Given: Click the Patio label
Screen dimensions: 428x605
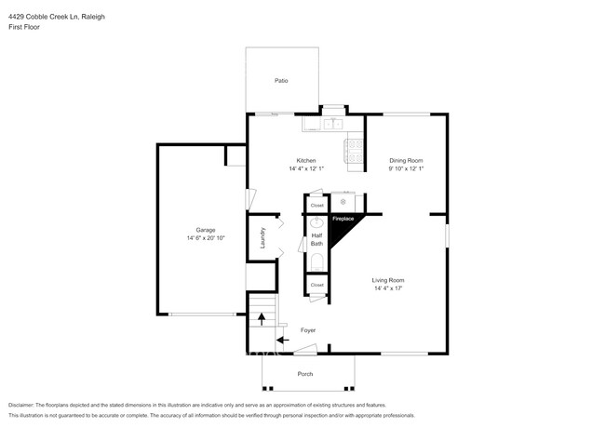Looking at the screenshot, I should (280, 81).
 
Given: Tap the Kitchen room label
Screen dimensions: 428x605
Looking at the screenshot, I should (306, 160).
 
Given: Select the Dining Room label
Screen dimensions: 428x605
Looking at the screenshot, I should (406, 160).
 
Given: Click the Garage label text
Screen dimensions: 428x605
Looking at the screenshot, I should (205, 229).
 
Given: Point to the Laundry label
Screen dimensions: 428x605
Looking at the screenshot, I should (263, 239).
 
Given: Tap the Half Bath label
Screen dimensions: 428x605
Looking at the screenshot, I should (316, 239).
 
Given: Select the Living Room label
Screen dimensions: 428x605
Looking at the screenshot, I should (389, 280).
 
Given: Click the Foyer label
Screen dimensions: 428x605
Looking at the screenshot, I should (307, 330).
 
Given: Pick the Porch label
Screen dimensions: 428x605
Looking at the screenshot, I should (304, 374).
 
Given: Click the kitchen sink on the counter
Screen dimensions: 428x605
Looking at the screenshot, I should (332, 123).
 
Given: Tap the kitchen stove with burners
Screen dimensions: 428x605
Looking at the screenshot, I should (354, 151).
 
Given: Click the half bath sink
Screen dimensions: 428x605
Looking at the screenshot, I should (316, 222).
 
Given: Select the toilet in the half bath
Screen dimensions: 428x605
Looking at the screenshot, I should (316, 261).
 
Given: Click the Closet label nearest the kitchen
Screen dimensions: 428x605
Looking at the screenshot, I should (316, 205).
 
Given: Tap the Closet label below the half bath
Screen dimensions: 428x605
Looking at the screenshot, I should (316, 285).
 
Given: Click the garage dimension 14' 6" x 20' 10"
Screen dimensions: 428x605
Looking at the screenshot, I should (205, 238).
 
